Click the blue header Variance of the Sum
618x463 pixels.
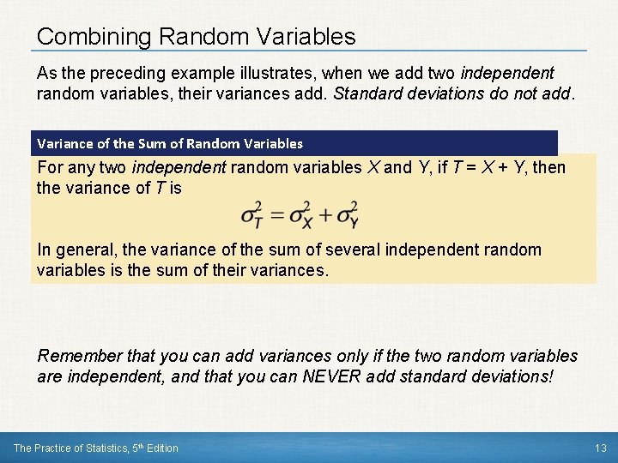(x=169, y=143)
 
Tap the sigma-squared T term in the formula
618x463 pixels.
(x=251, y=215)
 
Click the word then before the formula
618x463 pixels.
(x=549, y=167)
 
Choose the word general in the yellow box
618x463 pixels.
(x=82, y=250)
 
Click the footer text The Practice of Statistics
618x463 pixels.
(x=96, y=448)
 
